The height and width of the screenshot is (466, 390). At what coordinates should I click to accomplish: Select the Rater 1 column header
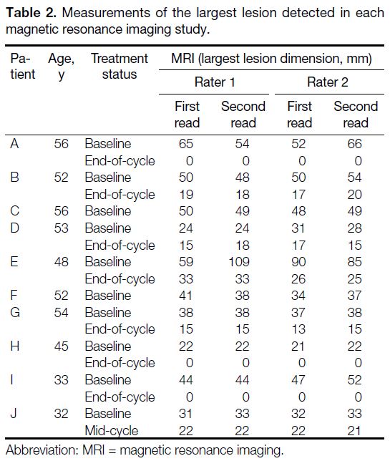click(215, 82)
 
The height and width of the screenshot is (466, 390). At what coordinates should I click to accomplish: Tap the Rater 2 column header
click(327, 82)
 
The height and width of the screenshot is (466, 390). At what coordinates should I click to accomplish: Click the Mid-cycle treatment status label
click(112, 431)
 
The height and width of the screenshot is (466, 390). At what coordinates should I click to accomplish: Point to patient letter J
click(14, 414)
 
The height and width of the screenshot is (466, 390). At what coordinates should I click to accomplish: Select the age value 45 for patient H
click(62, 346)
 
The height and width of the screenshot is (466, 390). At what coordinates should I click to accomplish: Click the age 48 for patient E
click(62, 262)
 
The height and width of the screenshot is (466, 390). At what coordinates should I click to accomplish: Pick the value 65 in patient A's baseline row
click(186, 144)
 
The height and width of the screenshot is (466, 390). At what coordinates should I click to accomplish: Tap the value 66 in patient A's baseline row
click(355, 144)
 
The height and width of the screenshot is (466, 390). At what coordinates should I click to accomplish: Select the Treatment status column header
click(120, 67)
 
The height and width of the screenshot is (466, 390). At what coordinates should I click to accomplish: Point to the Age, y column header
click(62, 67)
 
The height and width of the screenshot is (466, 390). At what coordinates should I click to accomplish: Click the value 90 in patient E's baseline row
click(298, 262)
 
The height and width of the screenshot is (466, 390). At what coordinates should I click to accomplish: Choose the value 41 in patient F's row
click(186, 296)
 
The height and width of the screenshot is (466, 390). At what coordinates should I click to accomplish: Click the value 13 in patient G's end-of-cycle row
click(298, 329)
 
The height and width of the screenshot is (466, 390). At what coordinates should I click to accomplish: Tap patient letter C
click(14, 211)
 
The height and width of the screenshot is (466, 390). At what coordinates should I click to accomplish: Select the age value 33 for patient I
click(62, 380)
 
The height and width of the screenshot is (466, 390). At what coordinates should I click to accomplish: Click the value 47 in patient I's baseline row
click(298, 380)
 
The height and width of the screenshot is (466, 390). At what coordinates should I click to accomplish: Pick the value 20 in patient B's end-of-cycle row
click(355, 195)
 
